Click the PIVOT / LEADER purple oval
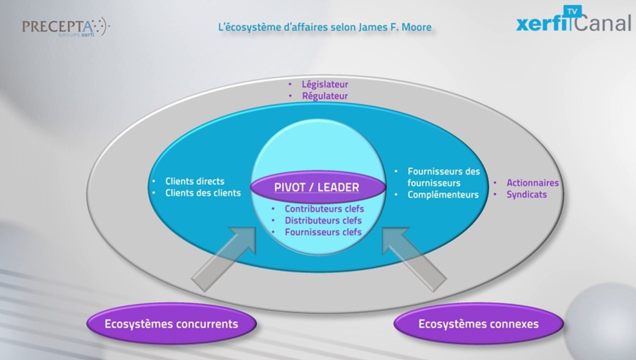point(317,187)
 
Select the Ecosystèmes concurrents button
point(171,324)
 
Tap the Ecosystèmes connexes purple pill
point(478,324)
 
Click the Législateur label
point(324,84)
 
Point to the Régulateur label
point(324,95)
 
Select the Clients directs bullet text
point(194,181)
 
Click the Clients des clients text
point(202,192)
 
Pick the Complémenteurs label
point(442,194)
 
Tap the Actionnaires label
point(532,183)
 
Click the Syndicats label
point(526,194)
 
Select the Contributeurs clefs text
point(324,209)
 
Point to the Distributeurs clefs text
point(323,220)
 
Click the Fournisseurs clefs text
point(323,232)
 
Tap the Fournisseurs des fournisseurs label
point(443,176)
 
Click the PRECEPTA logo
point(64,26)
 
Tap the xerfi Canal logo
point(573,22)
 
